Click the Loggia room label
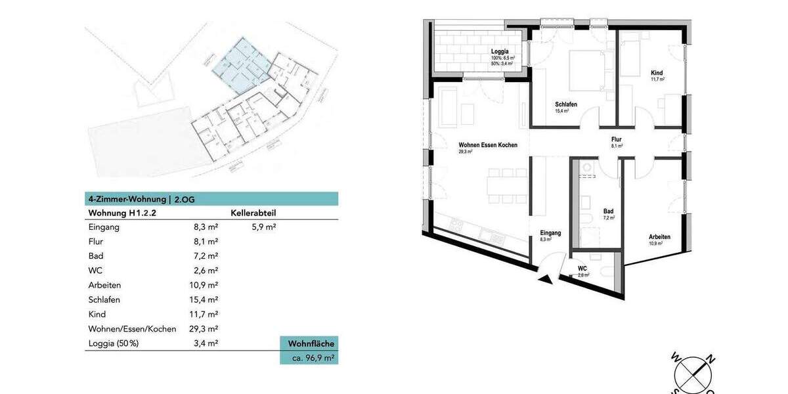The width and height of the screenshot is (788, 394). click(x=500, y=51)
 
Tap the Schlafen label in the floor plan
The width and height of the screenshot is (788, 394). click(x=565, y=104)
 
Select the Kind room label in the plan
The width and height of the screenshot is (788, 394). click(x=657, y=72)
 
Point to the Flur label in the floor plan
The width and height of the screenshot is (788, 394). click(x=616, y=139)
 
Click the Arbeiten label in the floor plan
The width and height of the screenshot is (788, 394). click(x=659, y=237)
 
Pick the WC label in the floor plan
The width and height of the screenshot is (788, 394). click(x=582, y=269)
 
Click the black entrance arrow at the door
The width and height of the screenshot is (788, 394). click(x=544, y=280)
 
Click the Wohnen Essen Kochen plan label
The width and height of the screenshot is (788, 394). click(x=488, y=145)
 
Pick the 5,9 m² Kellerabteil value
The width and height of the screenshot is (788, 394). click(x=263, y=227)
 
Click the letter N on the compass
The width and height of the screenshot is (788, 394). click(x=710, y=359)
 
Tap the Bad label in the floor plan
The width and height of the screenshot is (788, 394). click(x=608, y=211)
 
